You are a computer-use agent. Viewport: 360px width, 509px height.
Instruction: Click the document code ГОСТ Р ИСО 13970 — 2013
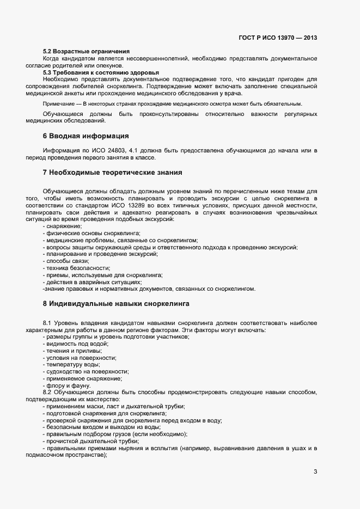click(x=278, y=38)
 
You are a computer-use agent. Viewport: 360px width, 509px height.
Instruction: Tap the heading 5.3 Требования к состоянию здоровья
click(x=101, y=72)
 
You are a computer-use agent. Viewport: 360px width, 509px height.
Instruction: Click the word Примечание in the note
click(x=59, y=103)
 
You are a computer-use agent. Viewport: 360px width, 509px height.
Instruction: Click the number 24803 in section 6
click(x=121, y=150)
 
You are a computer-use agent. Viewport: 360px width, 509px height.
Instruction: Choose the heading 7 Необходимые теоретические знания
click(x=112, y=173)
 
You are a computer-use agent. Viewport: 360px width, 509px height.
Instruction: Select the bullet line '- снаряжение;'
click(x=63, y=226)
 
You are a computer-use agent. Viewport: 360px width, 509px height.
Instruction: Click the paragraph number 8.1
click(x=47, y=323)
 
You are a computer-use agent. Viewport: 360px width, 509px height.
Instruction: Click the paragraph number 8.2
click(x=47, y=392)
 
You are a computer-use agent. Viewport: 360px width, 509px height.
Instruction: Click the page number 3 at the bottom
click(x=315, y=471)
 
